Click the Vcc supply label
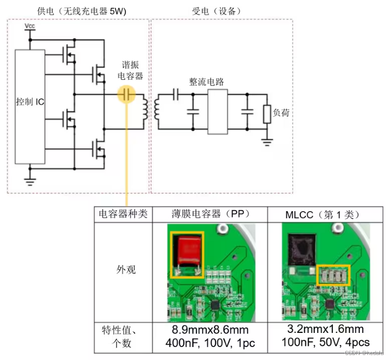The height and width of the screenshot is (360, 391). (30, 25)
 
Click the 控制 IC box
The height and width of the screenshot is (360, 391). (30, 106)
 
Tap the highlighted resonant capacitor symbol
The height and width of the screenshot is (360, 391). (127, 94)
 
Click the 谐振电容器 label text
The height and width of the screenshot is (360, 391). (133, 71)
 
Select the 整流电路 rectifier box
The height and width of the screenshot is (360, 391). (218, 112)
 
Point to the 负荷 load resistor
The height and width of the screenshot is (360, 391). (267, 114)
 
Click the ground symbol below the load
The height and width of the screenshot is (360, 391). (267, 142)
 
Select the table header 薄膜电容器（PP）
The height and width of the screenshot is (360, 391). (210, 214)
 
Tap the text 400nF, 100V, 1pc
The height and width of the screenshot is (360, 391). (210, 342)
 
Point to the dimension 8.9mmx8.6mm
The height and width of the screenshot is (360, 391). (210, 330)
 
